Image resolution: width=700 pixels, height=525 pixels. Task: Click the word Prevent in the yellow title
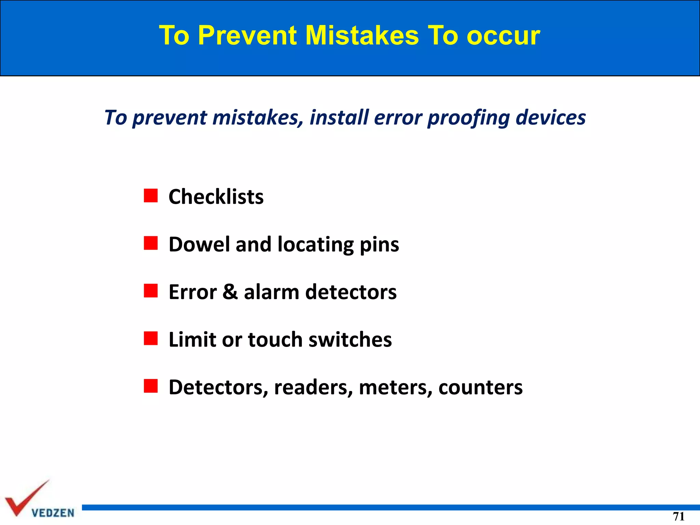pos(247,35)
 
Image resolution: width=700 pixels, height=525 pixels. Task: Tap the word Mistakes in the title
pos(362,35)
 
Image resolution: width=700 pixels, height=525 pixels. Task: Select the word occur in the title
pos(503,36)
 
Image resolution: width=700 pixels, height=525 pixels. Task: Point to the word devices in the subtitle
pos(551,117)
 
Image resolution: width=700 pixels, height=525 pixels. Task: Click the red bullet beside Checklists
pos(151,196)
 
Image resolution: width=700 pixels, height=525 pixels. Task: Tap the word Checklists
pos(216,197)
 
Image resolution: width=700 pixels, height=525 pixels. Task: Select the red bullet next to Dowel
pos(151,243)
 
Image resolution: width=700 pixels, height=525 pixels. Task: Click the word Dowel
pos(199,244)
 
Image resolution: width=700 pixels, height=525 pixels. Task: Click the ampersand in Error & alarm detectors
pos(230,292)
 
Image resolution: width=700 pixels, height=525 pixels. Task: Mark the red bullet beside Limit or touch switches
pos(151,338)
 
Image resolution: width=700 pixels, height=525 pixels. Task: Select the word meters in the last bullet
pos(395,388)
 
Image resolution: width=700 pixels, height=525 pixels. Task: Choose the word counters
pos(480,388)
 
